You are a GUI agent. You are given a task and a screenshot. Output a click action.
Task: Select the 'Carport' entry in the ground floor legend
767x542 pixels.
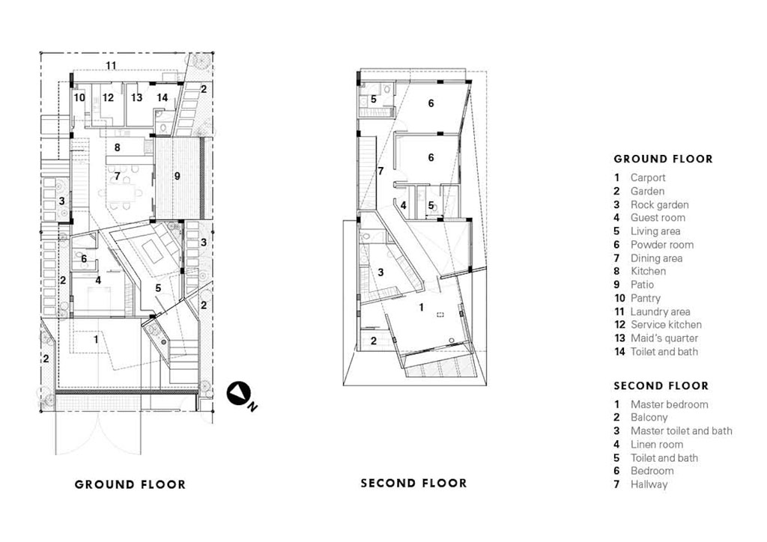tap(647, 178)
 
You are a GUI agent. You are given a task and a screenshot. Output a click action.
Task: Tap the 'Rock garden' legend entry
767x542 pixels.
tap(659, 205)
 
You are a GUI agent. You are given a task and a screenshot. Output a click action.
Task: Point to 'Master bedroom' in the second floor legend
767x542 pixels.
tap(669, 405)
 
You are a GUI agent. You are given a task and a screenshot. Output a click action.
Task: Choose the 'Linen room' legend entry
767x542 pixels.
tap(656, 445)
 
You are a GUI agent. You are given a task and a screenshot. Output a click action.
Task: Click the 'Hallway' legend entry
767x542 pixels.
tap(649, 484)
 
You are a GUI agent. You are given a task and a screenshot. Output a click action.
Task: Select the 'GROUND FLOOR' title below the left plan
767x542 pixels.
tap(130, 484)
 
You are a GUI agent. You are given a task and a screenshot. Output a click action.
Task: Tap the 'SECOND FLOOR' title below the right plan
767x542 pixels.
tap(413, 483)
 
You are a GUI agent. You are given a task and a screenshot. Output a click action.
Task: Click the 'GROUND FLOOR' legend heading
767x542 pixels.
tap(663, 159)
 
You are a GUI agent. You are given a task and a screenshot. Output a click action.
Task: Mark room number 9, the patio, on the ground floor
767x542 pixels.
tap(178, 176)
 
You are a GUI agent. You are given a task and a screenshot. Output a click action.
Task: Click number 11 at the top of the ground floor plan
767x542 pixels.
tap(111, 67)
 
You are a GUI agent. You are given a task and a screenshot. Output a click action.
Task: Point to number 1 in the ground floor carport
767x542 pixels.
tap(95, 338)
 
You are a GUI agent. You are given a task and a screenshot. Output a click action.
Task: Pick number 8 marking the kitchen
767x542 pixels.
tap(117, 147)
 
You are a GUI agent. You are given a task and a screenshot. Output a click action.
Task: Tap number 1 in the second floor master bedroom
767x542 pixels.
tap(422, 307)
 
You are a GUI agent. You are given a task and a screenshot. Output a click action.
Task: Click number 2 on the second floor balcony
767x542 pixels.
tap(374, 341)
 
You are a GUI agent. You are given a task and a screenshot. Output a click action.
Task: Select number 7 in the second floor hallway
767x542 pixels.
tap(381, 171)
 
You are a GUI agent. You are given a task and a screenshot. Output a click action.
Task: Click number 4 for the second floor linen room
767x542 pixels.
tap(403, 205)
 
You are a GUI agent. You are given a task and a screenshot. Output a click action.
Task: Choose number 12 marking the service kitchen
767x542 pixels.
tap(109, 97)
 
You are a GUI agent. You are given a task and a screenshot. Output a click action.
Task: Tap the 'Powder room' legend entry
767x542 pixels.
tap(661, 245)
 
